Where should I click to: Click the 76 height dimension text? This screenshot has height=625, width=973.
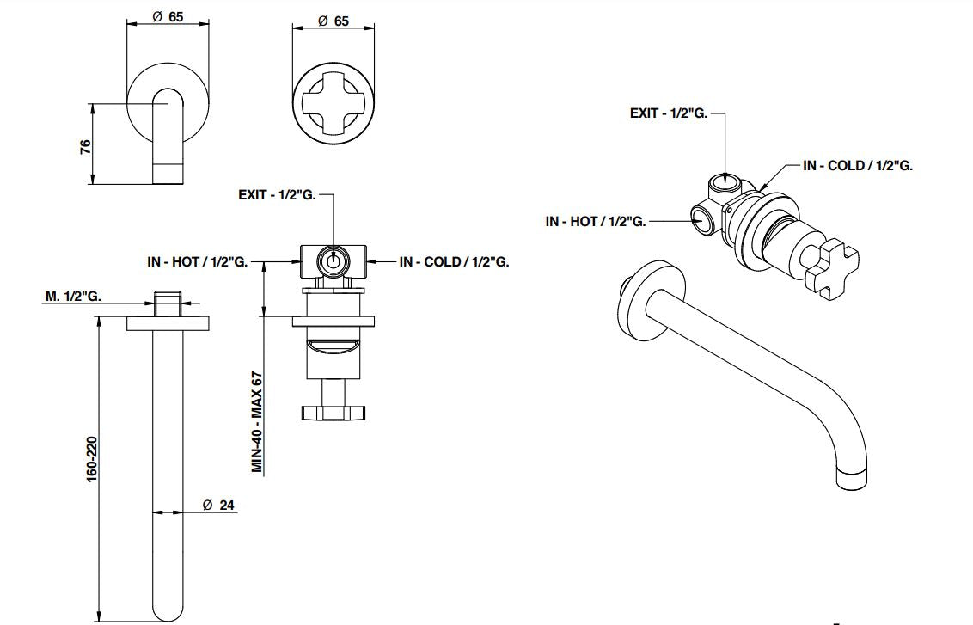pyautogui.click(x=85, y=146)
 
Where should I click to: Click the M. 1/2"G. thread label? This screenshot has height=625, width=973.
pyautogui.click(x=74, y=297)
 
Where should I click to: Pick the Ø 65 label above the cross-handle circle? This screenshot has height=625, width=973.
pyautogui.click(x=333, y=21)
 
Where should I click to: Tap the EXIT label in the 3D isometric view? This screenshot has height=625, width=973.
pyautogui.click(x=668, y=113)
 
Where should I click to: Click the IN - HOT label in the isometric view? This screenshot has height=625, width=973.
pyautogui.click(x=595, y=221)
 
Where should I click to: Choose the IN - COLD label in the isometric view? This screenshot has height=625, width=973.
pyautogui.click(x=857, y=165)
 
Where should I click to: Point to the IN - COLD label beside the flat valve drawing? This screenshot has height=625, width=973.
pyautogui.click(x=454, y=261)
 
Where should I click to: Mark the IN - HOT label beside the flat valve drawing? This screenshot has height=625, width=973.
pyautogui.click(x=198, y=261)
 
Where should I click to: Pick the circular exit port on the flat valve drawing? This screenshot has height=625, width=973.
pyautogui.click(x=333, y=260)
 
